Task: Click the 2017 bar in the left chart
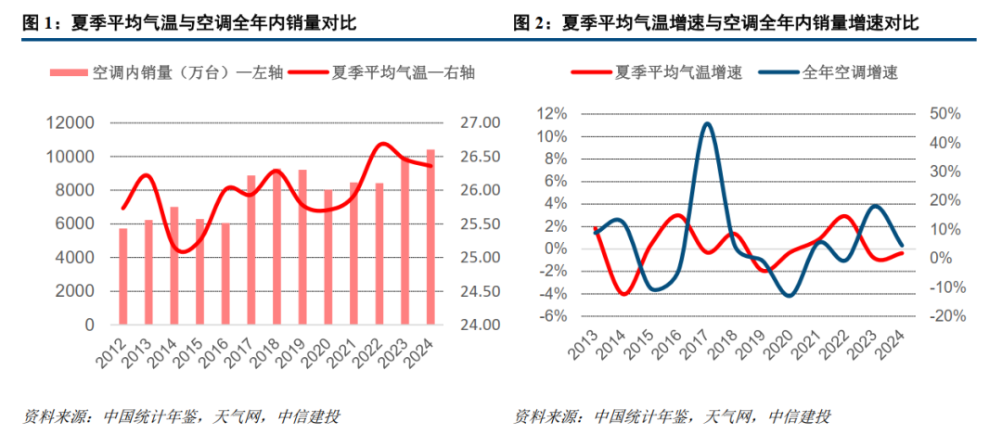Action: pyautogui.click(x=250, y=250)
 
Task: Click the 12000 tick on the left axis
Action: pyautogui.click(x=70, y=123)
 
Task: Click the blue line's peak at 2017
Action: pyautogui.click(x=708, y=123)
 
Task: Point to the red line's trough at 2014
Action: pyautogui.click(x=623, y=294)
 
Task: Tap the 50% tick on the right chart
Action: pyautogui.click(x=944, y=114)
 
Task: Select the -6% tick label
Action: pyautogui.click(x=554, y=316)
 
